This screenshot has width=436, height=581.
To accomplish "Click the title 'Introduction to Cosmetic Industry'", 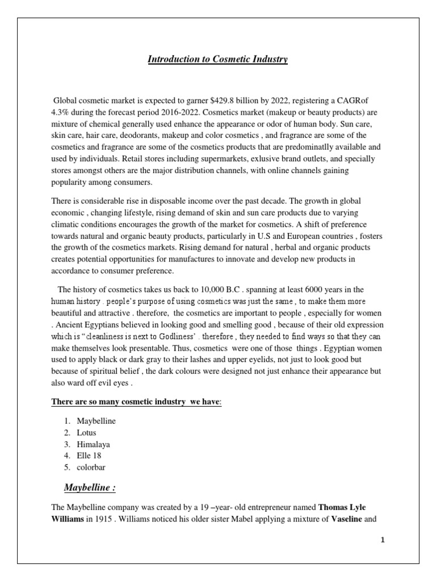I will coord(218,59).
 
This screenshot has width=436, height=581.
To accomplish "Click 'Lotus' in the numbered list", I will coord(87,432).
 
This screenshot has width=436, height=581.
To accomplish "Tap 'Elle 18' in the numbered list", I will coord(90,455).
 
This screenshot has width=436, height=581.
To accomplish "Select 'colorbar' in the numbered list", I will coord(90,466).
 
